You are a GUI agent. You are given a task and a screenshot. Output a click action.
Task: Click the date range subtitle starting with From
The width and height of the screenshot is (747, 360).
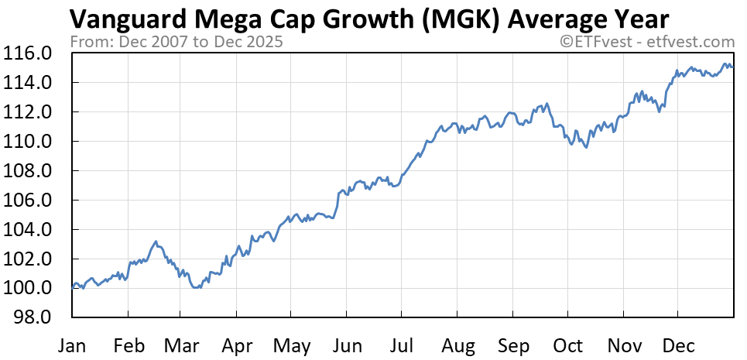tap(176, 41)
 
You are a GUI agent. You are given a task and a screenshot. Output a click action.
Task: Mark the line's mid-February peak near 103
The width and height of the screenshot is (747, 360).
tap(156, 242)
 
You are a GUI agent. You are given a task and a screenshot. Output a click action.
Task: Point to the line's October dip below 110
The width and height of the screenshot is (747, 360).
tap(586, 147)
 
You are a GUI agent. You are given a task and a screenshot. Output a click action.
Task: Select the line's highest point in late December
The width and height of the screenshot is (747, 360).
tap(725, 64)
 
